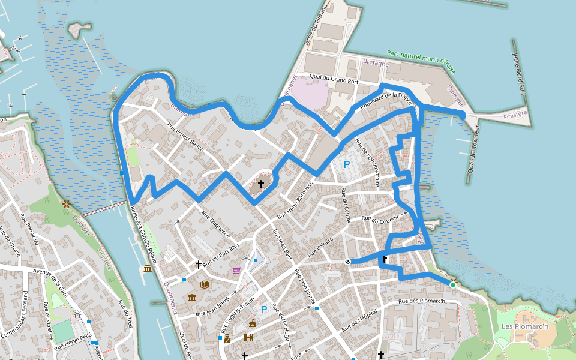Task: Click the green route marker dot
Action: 453,284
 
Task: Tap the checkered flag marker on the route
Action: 348,261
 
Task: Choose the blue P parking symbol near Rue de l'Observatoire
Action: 346,164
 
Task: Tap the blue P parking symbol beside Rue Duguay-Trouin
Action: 263,310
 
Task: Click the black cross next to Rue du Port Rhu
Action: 198,264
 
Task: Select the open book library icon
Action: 205,284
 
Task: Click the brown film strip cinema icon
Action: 248,337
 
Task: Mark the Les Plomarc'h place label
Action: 524,327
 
